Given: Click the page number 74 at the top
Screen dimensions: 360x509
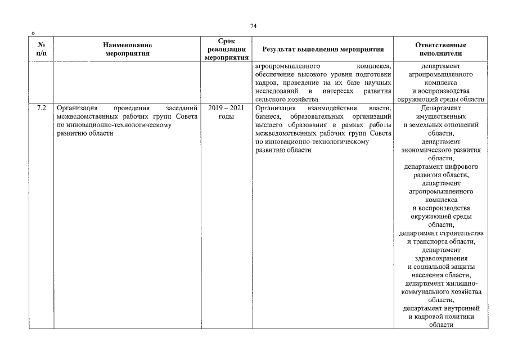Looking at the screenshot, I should point(253,26).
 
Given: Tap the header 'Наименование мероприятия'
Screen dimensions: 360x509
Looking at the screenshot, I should point(128,49).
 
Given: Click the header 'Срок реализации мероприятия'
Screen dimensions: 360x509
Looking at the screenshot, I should point(226,49).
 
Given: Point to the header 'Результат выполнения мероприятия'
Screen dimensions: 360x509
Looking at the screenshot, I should point(323,49).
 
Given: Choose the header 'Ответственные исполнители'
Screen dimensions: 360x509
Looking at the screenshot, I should point(440,49).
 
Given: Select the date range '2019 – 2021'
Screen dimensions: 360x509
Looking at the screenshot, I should point(226,108).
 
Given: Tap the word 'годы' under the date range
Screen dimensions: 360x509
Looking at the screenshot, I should point(226,116).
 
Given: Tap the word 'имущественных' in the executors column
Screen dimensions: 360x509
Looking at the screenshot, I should point(440,116).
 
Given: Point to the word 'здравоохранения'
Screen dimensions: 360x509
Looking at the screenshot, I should point(440,258).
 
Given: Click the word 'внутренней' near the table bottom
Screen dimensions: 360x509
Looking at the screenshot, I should point(461,308).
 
